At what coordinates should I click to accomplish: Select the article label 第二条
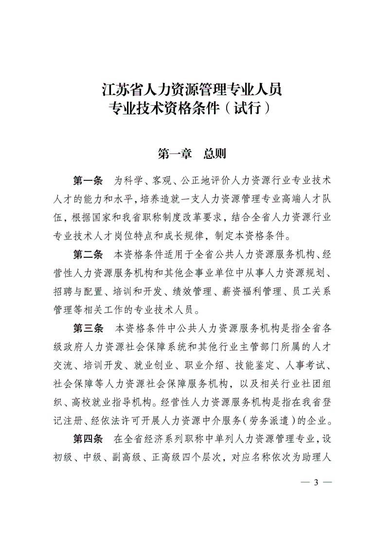coord(88,254)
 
